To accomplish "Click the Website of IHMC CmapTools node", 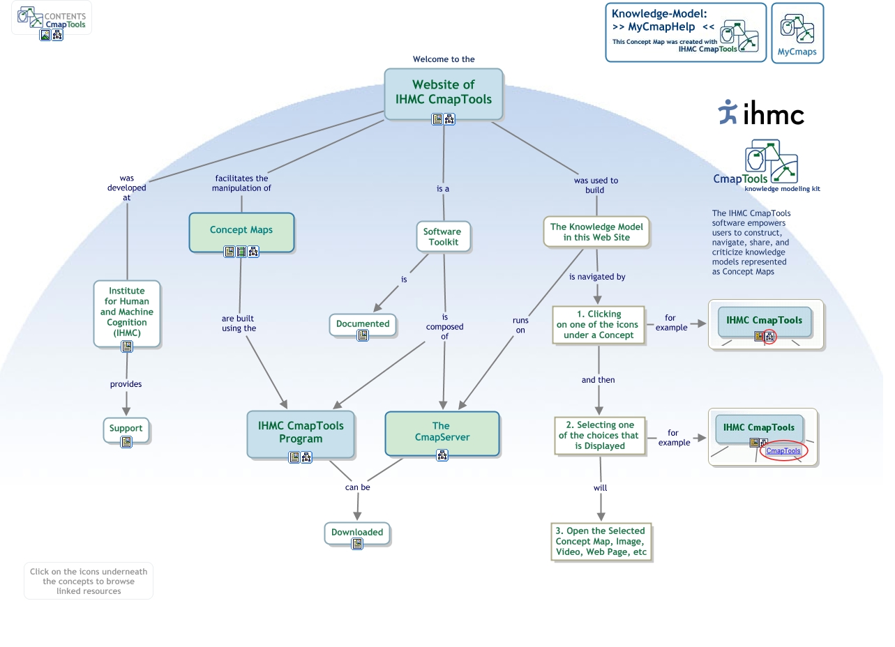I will pos(443,91).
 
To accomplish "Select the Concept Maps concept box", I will pos(241,230).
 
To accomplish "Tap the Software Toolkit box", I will pos(443,236).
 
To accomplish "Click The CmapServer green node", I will pos(442,431).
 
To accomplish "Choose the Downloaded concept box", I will pos(357,532).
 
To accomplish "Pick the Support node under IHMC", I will pos(126,428).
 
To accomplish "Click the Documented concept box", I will pos(363,323).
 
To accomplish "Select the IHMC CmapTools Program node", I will pos(301,432).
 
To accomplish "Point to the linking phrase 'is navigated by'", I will pos(597,277).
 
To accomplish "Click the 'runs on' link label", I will pos(520,325).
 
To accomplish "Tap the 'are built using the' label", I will pos(239,323).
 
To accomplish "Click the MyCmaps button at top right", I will pos(797,33).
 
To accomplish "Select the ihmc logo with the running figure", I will pos(760,113).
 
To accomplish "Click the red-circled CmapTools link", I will pos(783,450).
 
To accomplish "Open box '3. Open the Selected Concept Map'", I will pos(601,541).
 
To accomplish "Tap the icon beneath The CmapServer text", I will pos(442,455).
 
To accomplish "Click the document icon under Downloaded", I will pos(357,544).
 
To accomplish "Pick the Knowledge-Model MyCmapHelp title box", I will pos(685,32).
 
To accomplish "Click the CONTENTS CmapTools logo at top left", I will pos(52,19).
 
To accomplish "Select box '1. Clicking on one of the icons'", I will pos(599,324).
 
